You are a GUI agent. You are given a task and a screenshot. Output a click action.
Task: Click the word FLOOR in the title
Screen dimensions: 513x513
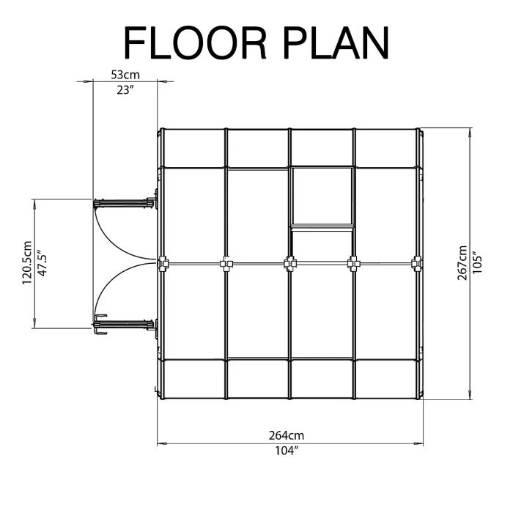point(195,43)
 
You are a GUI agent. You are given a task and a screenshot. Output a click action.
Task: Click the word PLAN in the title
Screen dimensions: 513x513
point(336,43)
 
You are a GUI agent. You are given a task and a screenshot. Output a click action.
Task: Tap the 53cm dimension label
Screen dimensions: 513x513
point(125,75)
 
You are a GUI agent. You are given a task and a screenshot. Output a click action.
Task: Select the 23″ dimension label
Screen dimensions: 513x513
point(125,89)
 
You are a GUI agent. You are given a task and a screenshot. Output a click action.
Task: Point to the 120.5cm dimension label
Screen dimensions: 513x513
point(27,262)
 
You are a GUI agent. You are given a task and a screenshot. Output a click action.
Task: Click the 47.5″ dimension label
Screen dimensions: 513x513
point(42,263)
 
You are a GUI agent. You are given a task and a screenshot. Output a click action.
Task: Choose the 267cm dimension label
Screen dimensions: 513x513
point(462,262)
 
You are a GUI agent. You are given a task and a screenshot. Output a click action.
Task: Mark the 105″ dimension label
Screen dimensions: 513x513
point(477,262)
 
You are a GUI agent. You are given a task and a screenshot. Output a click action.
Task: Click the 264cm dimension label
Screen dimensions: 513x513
point(287,435)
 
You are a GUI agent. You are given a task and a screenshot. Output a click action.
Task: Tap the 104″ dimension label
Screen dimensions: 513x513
point(287,451)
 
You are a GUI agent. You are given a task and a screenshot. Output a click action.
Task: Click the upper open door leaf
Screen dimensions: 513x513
point(124,203)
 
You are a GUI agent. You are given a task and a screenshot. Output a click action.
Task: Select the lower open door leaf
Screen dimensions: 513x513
point(124,324)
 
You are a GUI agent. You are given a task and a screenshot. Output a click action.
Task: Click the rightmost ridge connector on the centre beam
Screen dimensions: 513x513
point(417,263)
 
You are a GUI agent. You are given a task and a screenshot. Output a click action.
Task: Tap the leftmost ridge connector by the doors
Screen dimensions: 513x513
point(163,263)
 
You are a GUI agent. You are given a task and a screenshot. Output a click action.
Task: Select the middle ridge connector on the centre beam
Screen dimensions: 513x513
point(289,263)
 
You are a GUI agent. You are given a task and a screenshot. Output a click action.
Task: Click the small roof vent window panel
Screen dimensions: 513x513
point(322,196)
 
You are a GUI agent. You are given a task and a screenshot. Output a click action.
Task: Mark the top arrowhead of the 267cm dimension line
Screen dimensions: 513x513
point(470,132)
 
